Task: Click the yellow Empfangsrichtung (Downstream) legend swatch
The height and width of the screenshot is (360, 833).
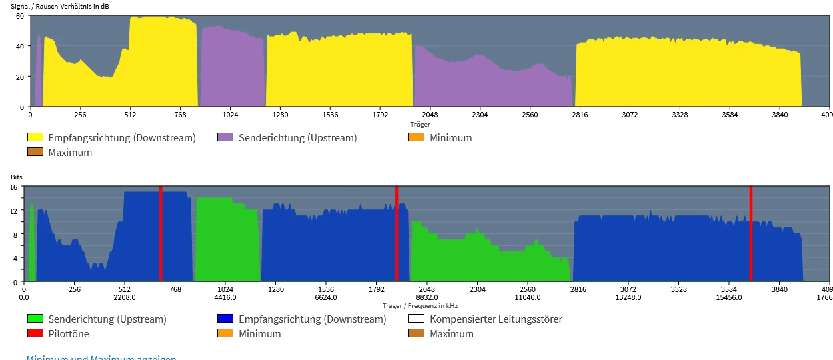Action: [35, 137]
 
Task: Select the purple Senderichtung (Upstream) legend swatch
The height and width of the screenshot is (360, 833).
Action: [225, 137]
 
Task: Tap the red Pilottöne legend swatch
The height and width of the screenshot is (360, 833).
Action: [35, 333]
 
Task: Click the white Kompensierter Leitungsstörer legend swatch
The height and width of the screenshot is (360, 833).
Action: [415, 319]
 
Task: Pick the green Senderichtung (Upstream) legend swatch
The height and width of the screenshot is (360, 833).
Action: [35, 319]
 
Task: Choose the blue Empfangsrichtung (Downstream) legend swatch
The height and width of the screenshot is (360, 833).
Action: [225, 319]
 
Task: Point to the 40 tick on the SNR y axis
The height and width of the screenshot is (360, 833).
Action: [20, 46]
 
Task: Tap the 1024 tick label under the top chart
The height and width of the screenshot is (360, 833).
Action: [230, 115]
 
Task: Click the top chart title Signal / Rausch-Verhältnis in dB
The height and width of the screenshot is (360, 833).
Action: [59, 7]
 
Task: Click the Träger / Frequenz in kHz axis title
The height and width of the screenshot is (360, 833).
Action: [420, 305]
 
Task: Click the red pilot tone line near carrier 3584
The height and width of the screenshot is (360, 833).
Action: [750, 233]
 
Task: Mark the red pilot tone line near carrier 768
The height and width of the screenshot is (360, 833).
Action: [161, 233]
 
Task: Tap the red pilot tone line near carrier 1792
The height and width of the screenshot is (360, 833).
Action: [397, 233]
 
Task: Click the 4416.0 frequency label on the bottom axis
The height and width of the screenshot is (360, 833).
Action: [225, 298]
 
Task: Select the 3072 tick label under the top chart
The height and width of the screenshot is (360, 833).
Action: [630, 115]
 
